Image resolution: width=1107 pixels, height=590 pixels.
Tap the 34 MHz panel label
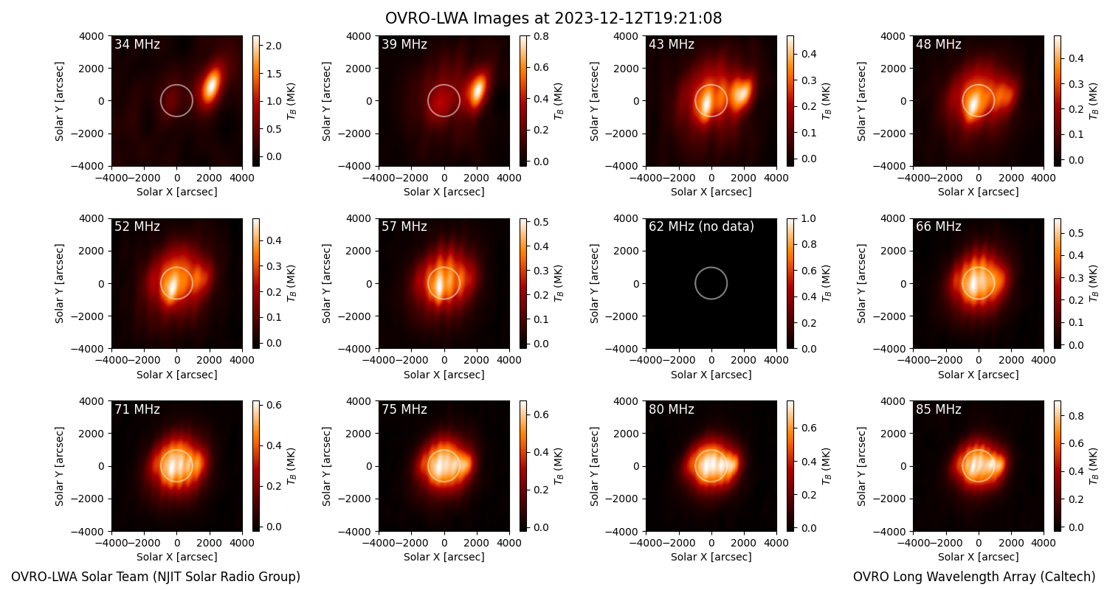[137, 44]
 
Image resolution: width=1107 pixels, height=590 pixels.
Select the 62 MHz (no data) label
[701, 226]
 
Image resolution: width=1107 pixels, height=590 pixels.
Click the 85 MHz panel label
[939, 409]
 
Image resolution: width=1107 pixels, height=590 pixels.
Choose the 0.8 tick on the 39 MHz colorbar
[541, 36]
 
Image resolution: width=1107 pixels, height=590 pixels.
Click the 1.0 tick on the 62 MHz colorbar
[808, 218]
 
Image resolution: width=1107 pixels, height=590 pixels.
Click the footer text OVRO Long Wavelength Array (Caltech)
[974, 577]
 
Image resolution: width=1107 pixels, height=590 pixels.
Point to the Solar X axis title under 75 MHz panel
[444, 557]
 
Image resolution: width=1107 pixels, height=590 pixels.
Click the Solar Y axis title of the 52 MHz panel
[59, 283]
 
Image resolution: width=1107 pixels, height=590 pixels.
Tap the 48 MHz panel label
[939, 44]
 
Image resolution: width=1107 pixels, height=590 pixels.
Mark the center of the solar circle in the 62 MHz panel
[711, 283]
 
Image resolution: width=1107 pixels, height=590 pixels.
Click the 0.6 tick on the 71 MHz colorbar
[275, 405]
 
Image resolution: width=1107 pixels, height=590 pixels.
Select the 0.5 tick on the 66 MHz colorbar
[1076, 233]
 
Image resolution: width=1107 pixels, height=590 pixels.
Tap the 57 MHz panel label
[404, 226]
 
